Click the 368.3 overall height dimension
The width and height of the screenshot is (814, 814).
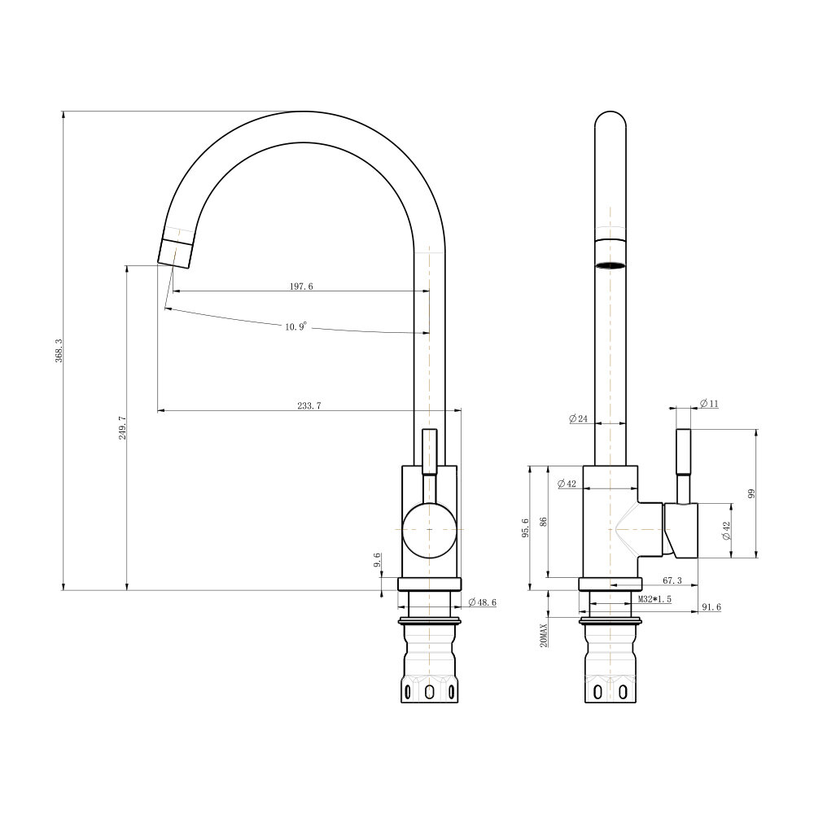(x=59, y=350)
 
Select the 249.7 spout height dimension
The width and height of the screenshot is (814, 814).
(x=123, y=428)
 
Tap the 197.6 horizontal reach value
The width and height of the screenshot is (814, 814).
(x=301, y=286)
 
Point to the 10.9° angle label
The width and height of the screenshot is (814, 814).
(x=296, y=326)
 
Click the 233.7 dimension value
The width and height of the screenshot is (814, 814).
(x=309, y=406)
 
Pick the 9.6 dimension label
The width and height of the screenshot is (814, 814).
(x=377, y=560)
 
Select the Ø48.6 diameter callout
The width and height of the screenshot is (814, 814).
(x=482, y=602)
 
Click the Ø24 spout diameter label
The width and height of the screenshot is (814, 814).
(x=578, y=418)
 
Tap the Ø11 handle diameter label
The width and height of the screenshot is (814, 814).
(x=709, y=404)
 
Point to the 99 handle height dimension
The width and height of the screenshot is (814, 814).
(x=751, y=494)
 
